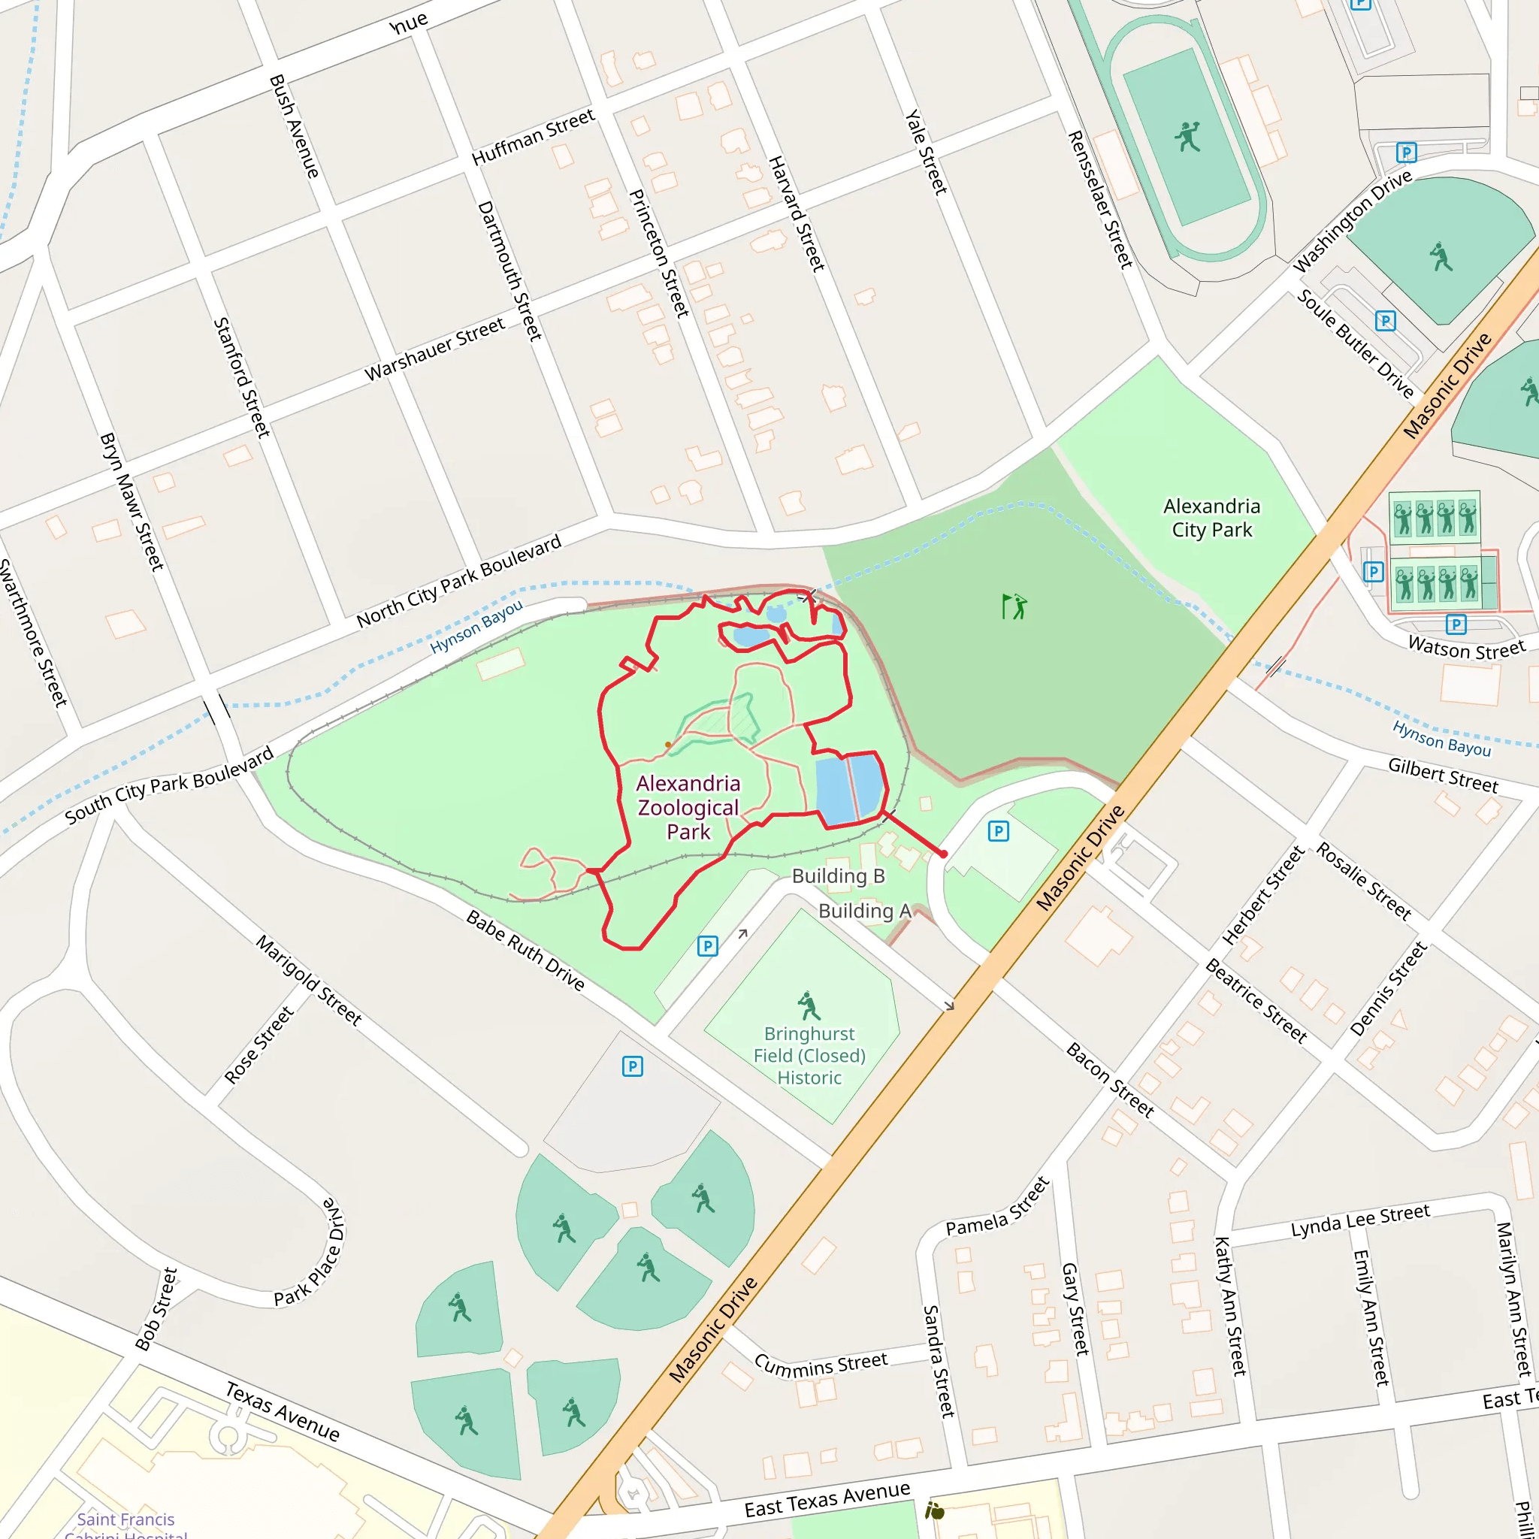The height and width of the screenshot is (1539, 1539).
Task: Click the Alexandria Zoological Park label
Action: pos(688,807)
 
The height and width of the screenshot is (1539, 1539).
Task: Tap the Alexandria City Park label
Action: pos(1211,518)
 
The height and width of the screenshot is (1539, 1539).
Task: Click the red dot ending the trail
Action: pos(944,854)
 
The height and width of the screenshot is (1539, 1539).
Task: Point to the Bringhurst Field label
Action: pos(809,1056)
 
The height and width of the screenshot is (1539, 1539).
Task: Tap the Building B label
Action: pos(838,876)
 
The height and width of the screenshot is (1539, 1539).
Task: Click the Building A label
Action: pos(864,911)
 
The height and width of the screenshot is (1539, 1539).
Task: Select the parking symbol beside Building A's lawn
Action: pos(998,832)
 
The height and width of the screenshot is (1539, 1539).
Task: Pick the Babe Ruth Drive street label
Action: pos(526,951)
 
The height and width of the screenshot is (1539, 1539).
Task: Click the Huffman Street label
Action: pos(533,137)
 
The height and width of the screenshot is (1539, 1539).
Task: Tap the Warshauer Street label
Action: pos(435,349)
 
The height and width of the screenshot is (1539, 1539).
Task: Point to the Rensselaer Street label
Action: pos(1100,199)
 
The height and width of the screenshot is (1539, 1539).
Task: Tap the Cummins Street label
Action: pos(821,1364)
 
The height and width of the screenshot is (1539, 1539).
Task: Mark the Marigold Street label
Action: pos(309,980)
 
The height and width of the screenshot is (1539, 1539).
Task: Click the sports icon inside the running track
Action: pos(1187,137)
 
